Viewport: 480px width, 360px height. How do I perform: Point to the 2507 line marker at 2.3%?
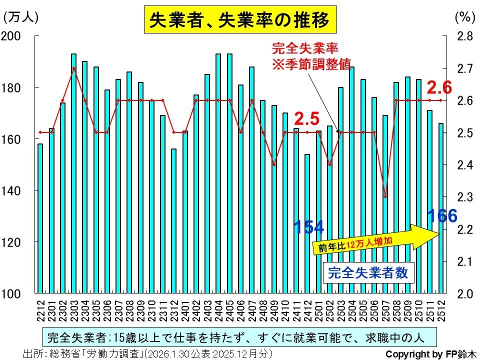tap(385, 196)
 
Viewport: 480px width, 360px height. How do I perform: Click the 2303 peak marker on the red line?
tap(73, 68)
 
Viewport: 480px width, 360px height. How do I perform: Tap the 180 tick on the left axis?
tap(16, 87)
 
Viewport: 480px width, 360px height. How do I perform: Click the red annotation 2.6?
tap(439, 88)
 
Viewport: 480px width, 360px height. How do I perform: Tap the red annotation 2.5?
tap(306, 119)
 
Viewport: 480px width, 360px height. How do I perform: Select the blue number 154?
tap(308, 227)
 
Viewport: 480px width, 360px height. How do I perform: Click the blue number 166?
tap(442, 216)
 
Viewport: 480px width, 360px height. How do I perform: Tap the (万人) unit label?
tap(20, 17)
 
